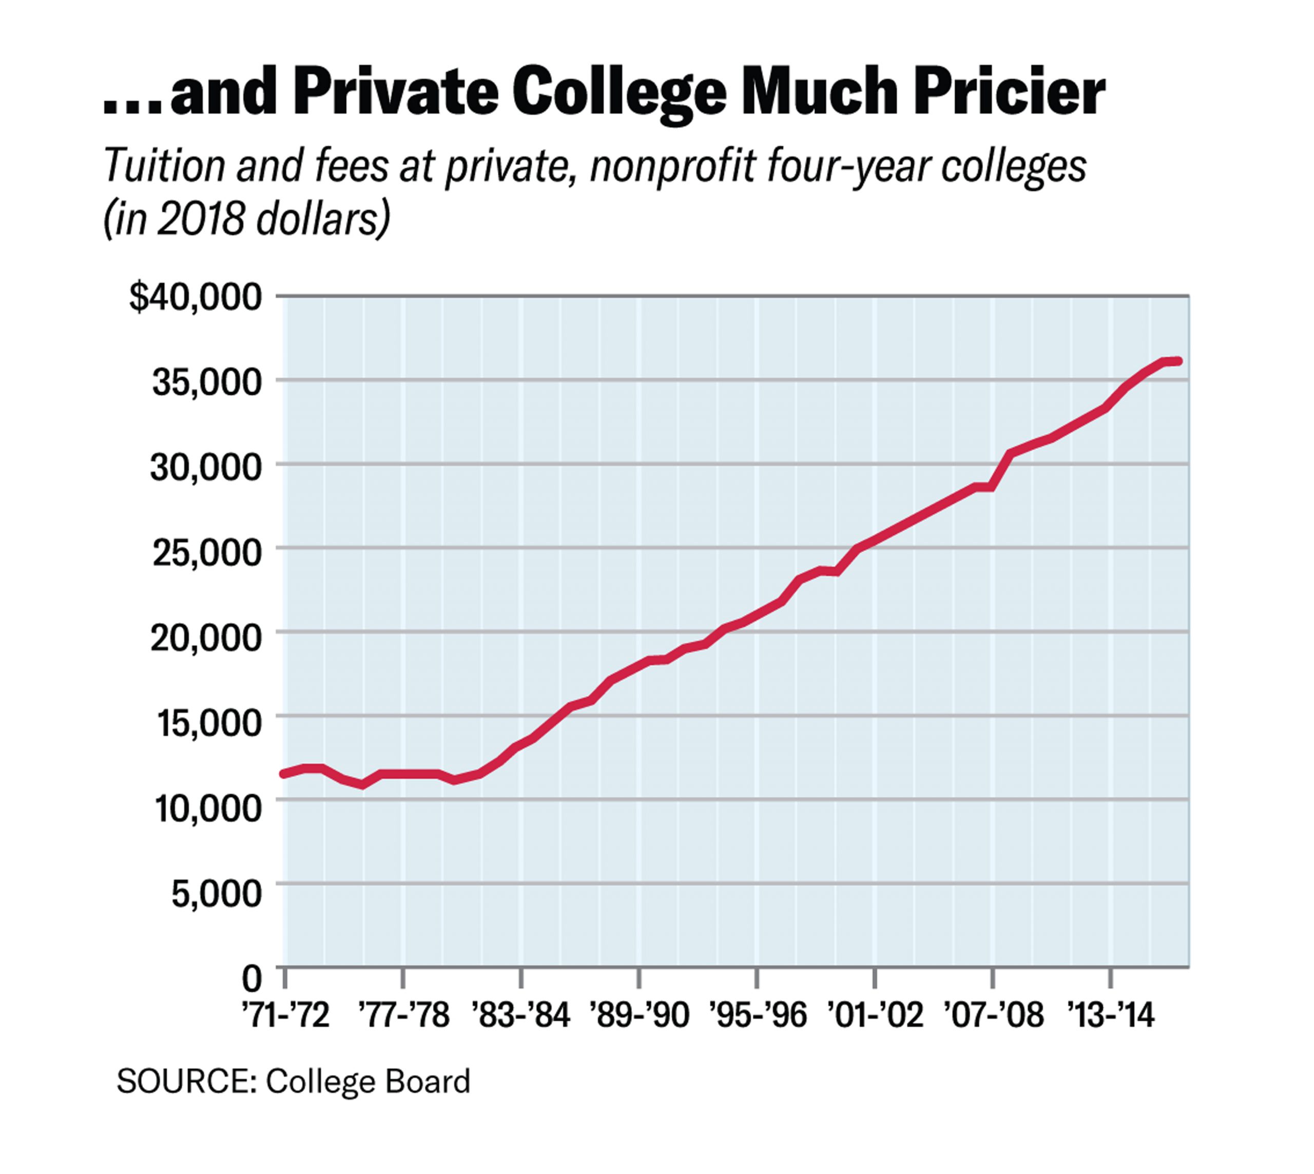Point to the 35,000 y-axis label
click(206, 382)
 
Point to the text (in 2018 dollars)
click(247, 219)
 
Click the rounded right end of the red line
click(1178, 361)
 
